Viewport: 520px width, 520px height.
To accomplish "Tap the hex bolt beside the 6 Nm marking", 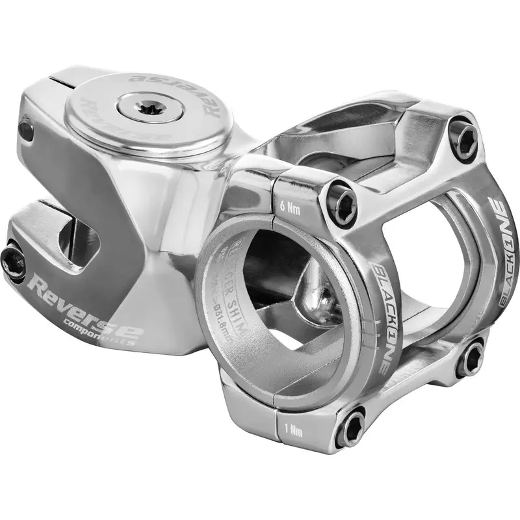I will point(342,197).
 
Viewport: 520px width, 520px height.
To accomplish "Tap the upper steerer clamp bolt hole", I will point(25,131).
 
